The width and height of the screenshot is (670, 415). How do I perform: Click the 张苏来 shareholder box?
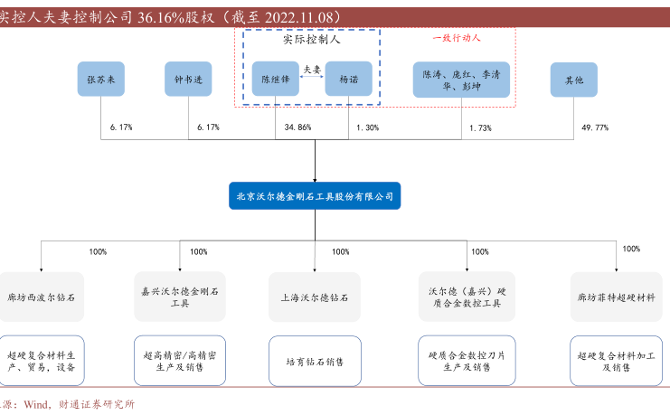[x=100, y=80]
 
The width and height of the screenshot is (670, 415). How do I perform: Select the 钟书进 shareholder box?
[x=188, y=80]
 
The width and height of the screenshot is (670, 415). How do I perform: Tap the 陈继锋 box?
[x=275, y=80]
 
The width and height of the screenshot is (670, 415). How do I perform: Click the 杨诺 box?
[x=348, y=80]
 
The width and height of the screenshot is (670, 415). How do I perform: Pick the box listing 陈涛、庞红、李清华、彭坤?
[x=461, y=80]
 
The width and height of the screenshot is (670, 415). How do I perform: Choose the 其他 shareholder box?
[x=574, y=80]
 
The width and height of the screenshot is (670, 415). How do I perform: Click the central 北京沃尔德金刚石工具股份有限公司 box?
[x=315, y=196]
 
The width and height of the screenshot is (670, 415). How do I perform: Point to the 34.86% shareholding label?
[x=297, y=128]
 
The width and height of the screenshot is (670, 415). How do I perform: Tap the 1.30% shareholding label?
[x=367, y=128]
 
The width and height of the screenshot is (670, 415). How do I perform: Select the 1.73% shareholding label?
[x=480, y=128]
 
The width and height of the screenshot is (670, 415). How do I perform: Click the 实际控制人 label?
[x=313, y=41]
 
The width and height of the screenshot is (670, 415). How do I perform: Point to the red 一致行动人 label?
[x=457, y=39]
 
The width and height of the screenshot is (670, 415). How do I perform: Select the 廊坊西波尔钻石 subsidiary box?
[x=42, y=296]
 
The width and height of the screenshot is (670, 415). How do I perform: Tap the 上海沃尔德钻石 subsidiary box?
[x=315, y=296]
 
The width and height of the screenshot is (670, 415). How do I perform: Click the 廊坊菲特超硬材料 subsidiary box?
[x=618, y=296]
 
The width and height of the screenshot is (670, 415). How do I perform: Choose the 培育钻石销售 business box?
[x=315, y=362]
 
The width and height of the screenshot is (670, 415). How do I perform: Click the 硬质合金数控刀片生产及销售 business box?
[x=467, y=361]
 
